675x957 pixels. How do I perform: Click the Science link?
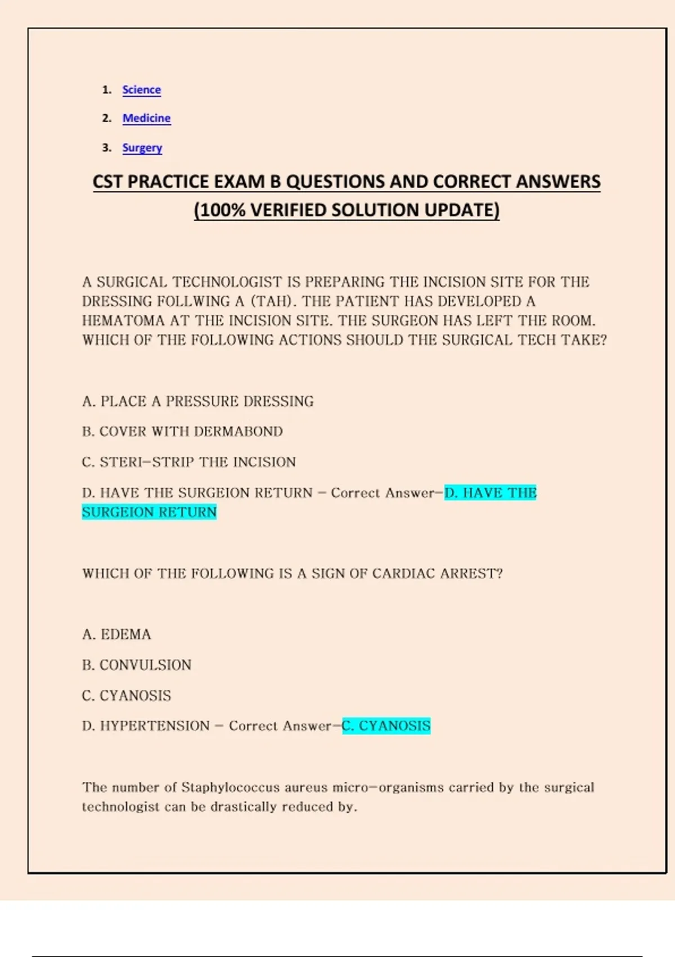tap(141, 90)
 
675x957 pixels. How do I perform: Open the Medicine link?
tap(146, 118)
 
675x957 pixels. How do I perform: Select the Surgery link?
tap(142, 147)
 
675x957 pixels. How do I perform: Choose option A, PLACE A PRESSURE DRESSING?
tap(197, 401)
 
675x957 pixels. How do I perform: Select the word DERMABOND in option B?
tap(238, 432)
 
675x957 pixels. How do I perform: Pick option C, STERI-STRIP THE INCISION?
tap(188, 462)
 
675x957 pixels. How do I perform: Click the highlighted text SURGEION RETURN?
tap(149, 512)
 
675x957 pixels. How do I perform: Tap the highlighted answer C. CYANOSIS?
tap(386, 726)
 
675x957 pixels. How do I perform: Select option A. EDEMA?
tap(116, 634)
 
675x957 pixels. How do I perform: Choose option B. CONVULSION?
tap(137, 665)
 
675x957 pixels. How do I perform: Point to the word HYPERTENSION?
tap(155, 726)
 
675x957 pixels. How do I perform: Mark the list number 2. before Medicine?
tap(107, 118)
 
